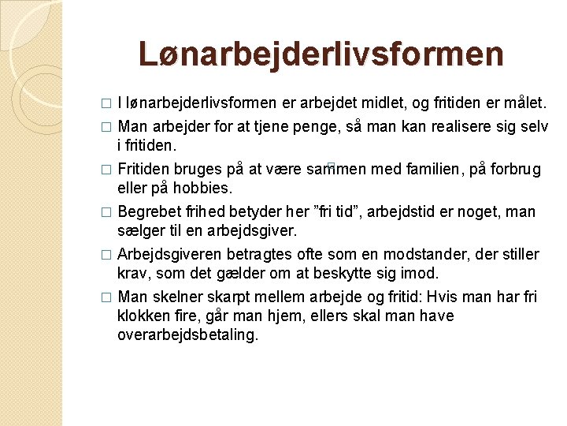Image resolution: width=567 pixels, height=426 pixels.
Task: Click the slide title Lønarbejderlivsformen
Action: tap(321, 54)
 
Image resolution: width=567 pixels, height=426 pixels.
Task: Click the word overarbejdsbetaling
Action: tap(187, 335)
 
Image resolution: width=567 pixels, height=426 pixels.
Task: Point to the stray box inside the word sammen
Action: tap(331, 168)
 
